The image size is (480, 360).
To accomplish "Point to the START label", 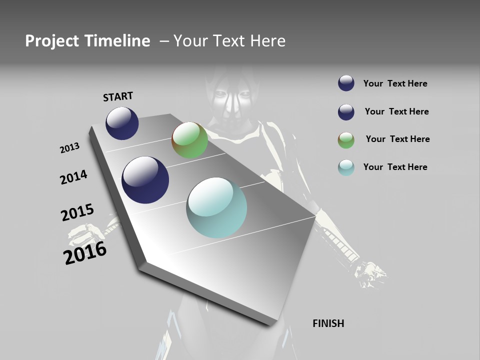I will click(x=118, y=96).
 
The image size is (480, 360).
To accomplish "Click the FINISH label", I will click(x=328, y=323).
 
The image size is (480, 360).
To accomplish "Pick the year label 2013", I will click(x=69, y=148).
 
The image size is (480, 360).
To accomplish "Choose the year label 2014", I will click(x=73, y=177).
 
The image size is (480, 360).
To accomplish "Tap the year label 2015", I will click(x=77, y=212).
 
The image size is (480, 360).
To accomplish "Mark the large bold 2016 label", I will click(x=85, y=253).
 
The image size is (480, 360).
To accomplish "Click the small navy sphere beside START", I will click(x=122, y=123).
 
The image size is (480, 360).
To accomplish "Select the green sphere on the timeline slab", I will click(x=189, y=140).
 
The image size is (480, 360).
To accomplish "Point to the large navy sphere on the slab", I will click(x=145, y=180).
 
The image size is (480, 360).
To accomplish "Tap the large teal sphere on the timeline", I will click(x=216, y=207).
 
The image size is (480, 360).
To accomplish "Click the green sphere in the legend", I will click(x=346, y=140).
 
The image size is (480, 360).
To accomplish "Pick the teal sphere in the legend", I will click(x=346, y=167).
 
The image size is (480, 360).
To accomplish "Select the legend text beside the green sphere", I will click(x=397, y=139).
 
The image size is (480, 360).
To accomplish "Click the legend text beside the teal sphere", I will click(x=395, y=167).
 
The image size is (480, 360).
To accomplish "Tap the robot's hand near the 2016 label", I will click(x=90, y=232).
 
